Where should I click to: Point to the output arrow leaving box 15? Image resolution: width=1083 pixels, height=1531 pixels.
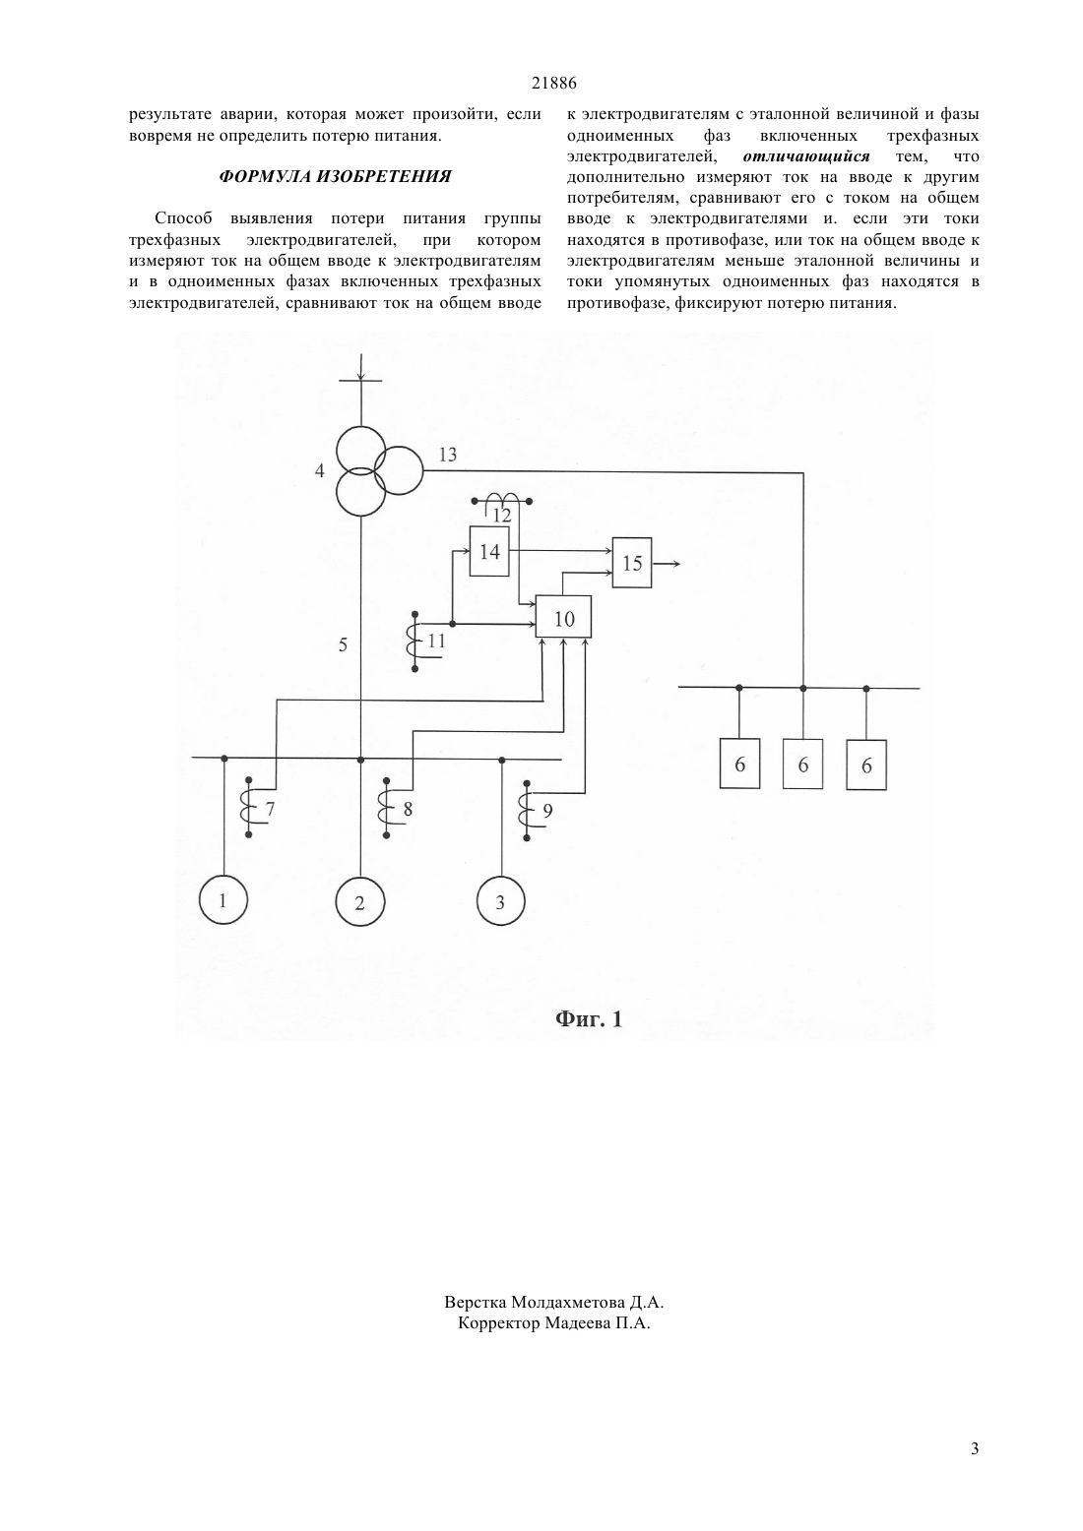666,563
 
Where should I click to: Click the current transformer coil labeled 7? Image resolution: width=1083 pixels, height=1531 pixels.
249,807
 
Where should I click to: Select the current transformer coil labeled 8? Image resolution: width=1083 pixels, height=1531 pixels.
386,808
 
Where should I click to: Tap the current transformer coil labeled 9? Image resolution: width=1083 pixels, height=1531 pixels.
527,811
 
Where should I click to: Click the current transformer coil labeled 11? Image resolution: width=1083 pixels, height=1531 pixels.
415,642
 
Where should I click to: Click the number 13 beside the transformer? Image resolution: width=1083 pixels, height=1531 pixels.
447,455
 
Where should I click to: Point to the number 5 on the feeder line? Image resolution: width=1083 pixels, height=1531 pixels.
343,644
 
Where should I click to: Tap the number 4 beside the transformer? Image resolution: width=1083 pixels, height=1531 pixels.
319,471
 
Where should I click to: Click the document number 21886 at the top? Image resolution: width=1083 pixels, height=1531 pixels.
553,84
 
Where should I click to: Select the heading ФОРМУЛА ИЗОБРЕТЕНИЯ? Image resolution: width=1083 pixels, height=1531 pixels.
335,177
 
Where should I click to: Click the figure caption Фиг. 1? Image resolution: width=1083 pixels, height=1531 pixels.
589,1019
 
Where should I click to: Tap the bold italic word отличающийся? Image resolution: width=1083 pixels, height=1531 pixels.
806,156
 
